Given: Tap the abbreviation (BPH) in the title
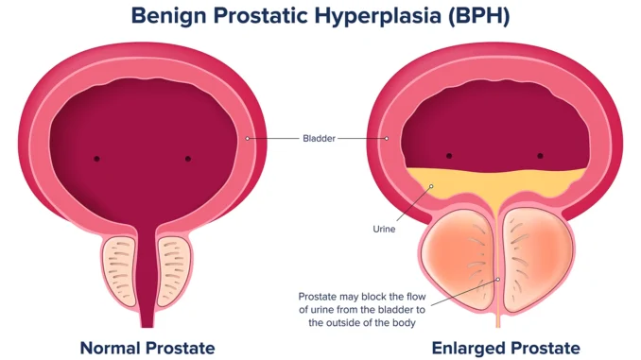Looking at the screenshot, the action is click(x=478, y=16).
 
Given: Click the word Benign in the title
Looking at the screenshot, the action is click(x=169, y=16).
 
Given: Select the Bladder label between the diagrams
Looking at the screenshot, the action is click(x=319, y=139).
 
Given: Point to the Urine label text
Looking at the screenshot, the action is click(x=384, y=230).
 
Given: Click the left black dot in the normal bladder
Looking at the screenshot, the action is click(x=96, y=159).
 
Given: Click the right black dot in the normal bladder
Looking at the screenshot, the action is click(x=188, y=159).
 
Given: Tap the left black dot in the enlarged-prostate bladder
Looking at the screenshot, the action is click(x=449, y=156).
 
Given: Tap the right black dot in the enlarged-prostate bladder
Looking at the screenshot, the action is click(x=540, y=156).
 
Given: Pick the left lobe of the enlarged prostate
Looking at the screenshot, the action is click(x=458, y=258).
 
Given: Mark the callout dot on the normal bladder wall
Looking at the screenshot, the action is click(x=248, y=139).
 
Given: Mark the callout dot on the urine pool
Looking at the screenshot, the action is click(x=431, y=186).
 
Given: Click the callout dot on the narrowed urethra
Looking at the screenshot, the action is click(x=498, y=280).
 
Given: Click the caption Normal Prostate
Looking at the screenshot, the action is click(x=147, y=348).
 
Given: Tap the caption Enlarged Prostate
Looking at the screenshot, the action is click(x=506, y=348).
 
